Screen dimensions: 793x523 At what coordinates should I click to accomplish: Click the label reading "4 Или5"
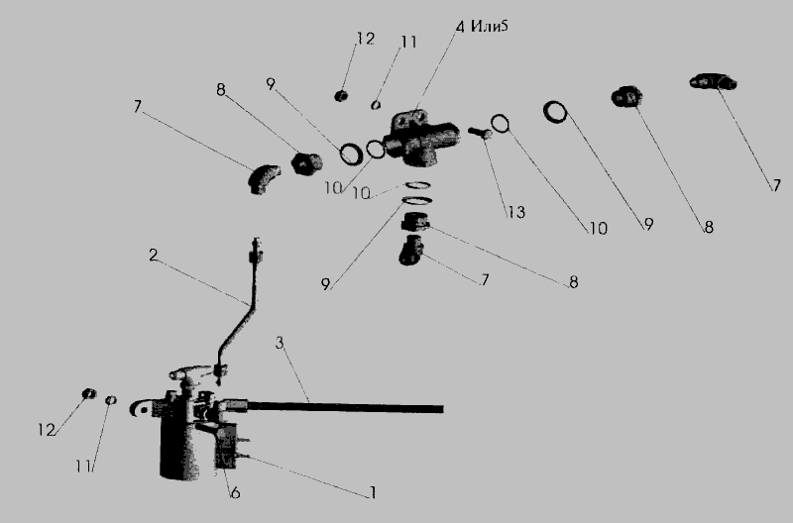pos(482,26)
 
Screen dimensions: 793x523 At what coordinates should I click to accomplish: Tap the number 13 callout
pos(515,212)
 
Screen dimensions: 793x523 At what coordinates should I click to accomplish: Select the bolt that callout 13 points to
pos(480,133)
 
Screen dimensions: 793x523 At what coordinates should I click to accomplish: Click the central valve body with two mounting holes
pos(420,138)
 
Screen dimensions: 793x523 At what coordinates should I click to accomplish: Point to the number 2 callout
pos(153,255)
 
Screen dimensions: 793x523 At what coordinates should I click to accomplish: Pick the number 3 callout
pos(280,343)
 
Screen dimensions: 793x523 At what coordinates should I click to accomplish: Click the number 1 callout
pos(373,492)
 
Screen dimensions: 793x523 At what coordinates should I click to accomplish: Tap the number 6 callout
pos(235,492)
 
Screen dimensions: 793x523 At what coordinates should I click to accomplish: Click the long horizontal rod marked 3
pos(334,406)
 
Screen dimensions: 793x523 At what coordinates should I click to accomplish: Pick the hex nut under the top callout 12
pos(341,95)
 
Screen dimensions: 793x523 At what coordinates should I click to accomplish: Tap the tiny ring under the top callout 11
pos(376,105)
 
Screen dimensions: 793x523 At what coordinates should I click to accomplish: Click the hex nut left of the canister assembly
pos(89,393)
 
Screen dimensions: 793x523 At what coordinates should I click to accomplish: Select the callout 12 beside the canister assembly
pos(46,430)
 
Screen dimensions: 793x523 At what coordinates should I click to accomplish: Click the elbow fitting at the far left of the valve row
pos(264,179)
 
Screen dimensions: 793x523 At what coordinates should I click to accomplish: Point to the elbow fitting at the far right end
pos(713,81)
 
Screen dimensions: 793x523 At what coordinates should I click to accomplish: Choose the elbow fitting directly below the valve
pos(411,250)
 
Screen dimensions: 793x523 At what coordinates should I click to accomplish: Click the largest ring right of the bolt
pos(555,112)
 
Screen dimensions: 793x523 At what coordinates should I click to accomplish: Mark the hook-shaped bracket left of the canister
pos(140,408)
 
